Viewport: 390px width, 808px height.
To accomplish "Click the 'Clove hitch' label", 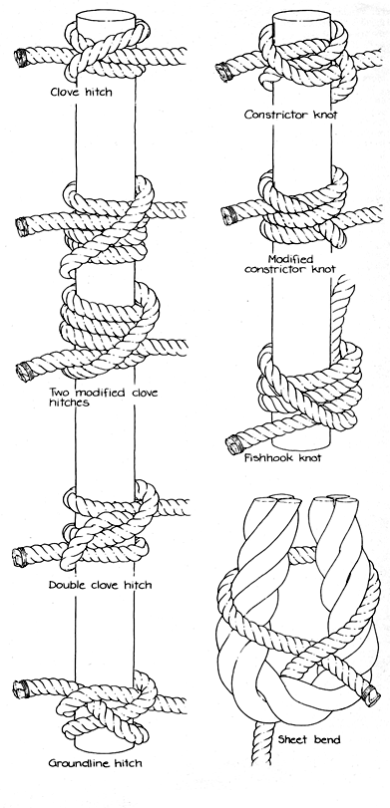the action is tap(81, 93).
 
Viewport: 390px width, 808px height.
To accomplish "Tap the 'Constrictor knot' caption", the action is tap(290, 115).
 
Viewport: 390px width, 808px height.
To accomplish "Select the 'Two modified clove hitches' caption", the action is tap(103, 398).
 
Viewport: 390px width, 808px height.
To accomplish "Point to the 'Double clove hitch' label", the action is tap(100, 585).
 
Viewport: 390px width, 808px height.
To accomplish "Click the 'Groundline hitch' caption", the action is tap(95, 762).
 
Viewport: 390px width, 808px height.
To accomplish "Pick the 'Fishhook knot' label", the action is tap(282, 457).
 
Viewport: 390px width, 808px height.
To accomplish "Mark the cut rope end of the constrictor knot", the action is tap(224, 71).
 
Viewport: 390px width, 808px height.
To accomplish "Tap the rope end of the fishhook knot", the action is tap(235, 444).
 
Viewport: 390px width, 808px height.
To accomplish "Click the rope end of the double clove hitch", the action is tap(20, 558).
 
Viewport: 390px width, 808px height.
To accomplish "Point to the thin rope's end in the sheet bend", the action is tap(371, 693).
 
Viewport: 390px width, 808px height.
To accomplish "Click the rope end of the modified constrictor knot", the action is tap(228, 215).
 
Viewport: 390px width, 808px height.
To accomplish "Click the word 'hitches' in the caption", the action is tap(69, 403).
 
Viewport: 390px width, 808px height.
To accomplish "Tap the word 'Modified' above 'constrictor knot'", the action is tap(290, 259).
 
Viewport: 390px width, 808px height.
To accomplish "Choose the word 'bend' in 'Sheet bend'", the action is tap(326, 740).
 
